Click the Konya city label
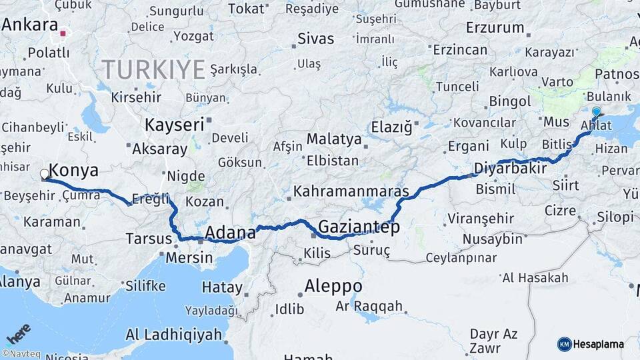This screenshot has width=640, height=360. coord(74,171)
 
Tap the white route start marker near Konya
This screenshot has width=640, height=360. coord(45,175)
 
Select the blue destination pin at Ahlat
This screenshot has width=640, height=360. coord(595,112)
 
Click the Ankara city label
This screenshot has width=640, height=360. coord(29,25)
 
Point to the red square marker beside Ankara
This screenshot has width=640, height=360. coord(63,33)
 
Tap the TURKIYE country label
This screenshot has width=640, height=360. coord(153,69)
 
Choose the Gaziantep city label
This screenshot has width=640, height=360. coord(359,227)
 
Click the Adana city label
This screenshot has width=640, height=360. coord(230,233)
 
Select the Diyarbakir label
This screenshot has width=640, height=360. coord(510,168)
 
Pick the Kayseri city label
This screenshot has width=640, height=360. coord(174,125)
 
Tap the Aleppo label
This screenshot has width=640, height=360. coord(333,286)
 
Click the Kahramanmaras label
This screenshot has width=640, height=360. coord(351,192)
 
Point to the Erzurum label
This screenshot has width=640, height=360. coord(495,28)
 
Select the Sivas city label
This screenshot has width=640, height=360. coord(315,38)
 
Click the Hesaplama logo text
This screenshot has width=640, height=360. coord(599,344)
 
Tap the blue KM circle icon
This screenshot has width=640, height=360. coord(564,344)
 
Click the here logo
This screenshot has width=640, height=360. coord(19,333)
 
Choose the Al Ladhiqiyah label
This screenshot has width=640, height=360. coord(173,335)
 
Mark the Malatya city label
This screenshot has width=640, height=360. coord(334,140)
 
